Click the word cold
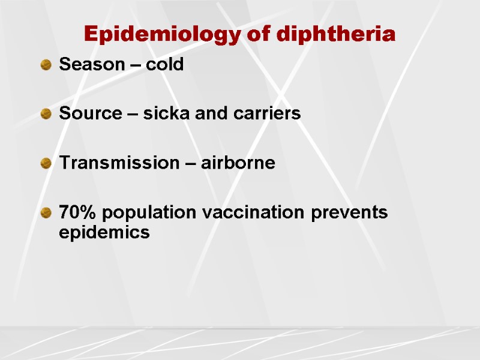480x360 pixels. [163, 65]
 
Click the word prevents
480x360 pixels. [350, 213]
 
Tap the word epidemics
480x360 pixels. [104, 233]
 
